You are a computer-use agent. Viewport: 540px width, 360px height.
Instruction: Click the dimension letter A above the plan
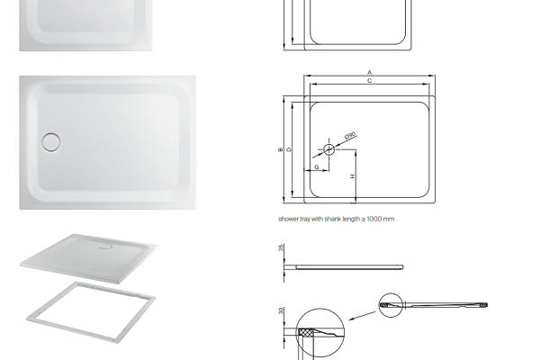(x=370, y=73)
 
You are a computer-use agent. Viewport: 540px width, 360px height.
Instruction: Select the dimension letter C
(x=370, y=81)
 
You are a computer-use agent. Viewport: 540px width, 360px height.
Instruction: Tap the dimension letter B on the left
(x=280, y=149)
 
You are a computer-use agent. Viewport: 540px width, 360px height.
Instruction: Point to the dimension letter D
(x=289, y=149)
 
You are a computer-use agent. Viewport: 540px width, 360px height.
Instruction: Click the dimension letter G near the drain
(x=317, y=167)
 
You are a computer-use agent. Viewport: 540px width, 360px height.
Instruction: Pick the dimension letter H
(x=352, y=176)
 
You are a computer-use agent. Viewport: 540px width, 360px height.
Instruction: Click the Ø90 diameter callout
(x=350, y=135)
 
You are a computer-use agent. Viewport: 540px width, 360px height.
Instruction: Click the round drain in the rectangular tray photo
(x=51, y=142)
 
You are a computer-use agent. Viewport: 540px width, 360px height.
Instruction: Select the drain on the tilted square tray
(x=105, y=247)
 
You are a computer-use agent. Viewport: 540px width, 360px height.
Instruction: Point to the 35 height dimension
(x=282, y=247)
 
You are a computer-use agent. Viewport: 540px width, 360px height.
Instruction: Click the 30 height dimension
(x=282, y=310)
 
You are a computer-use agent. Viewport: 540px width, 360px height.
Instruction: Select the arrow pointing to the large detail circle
(x=362, y=316)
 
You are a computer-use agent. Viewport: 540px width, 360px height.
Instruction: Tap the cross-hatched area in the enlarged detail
(x=306, y=332)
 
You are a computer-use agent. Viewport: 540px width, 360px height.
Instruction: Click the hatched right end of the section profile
(x=485, y=305)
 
